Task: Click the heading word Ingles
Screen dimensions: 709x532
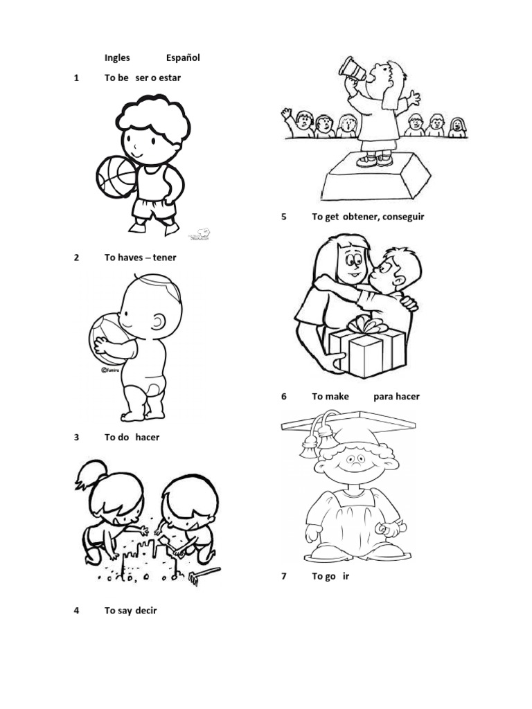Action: click(117, 58)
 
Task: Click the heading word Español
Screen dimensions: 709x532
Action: click(183, 58)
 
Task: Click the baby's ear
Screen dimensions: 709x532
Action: click(159, 323)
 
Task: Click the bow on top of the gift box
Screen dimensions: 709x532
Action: click(368, 324)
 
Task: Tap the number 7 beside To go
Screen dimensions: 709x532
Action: click(284, 576)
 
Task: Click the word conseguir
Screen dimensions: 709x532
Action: click(402, 217)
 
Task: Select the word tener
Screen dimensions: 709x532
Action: click(164, 258)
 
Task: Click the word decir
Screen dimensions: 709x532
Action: click(144, 611)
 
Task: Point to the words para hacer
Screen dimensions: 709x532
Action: click(396, 397)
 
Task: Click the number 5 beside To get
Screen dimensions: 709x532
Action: click(284, 217)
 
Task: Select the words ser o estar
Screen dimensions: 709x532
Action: click(158, 78)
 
